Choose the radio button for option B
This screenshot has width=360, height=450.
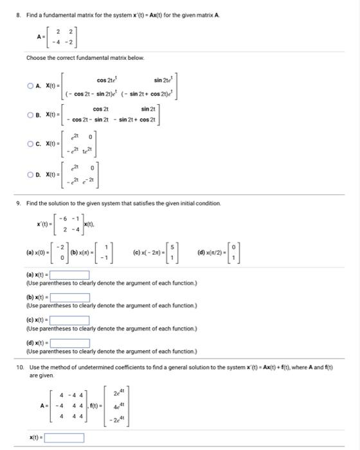pos(30,116)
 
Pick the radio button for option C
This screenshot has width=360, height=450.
pos(30,143)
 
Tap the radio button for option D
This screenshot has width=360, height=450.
pos(30,174)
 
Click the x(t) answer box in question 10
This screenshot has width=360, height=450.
pos(65,438)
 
